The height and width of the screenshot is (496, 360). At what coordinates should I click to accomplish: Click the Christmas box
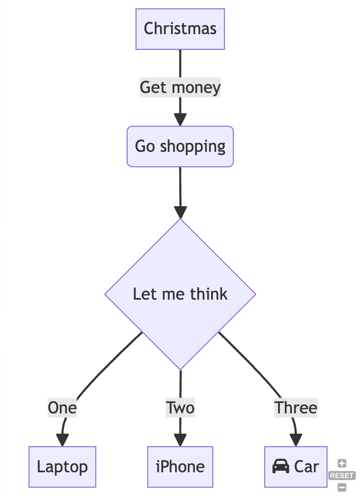(x=180, y=29)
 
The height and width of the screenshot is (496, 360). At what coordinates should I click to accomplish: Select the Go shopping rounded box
(x=180, y=146)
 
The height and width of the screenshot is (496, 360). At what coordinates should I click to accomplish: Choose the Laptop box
(x=62, y=467)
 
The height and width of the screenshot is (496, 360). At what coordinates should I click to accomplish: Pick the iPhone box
(x=180, y=467)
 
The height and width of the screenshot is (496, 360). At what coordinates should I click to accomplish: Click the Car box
(x=296, y=467)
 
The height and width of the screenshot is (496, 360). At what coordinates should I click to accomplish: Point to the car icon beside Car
(x=281, y=466)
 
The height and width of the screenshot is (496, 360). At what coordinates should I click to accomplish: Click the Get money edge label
(x=180, y=88)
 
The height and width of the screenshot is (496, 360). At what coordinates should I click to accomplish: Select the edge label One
(x=62, y=408)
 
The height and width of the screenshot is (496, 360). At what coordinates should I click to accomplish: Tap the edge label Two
(x=180, y=408)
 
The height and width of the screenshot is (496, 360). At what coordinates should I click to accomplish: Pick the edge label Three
(x=296, y=408)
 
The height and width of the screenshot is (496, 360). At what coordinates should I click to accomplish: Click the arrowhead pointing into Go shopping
(x=180, y=120)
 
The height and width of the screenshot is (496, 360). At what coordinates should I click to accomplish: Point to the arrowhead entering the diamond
(x=180, y=212)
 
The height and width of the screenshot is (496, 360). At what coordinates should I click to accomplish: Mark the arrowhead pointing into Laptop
(x=62, y=440)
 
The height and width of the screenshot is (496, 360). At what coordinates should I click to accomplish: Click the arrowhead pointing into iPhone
(x=180, y=440)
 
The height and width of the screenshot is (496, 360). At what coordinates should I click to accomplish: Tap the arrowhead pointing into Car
(x=296, y=440)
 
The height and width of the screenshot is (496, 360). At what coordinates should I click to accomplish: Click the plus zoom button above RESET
(x=342, y=464)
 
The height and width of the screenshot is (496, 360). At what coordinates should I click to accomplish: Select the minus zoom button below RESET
(x=342, y=487)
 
